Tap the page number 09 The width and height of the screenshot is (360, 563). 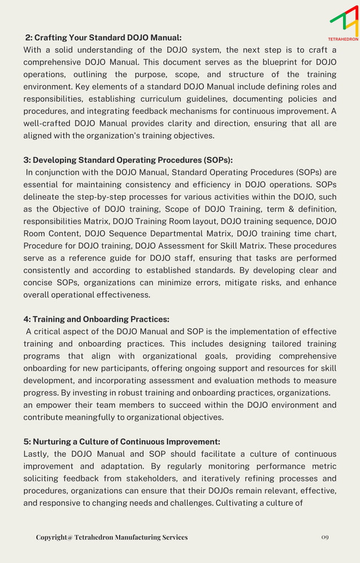click(x=324, y=537)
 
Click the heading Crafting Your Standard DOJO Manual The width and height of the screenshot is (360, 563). click(x=103, y=38)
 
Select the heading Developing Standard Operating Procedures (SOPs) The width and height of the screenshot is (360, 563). click(x=128, y=160)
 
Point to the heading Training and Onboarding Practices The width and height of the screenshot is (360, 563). click(x=96, y=320)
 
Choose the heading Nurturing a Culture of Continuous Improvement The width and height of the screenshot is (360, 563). click(x=122, y=442)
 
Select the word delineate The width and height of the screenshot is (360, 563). click(x=43, y=197)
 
